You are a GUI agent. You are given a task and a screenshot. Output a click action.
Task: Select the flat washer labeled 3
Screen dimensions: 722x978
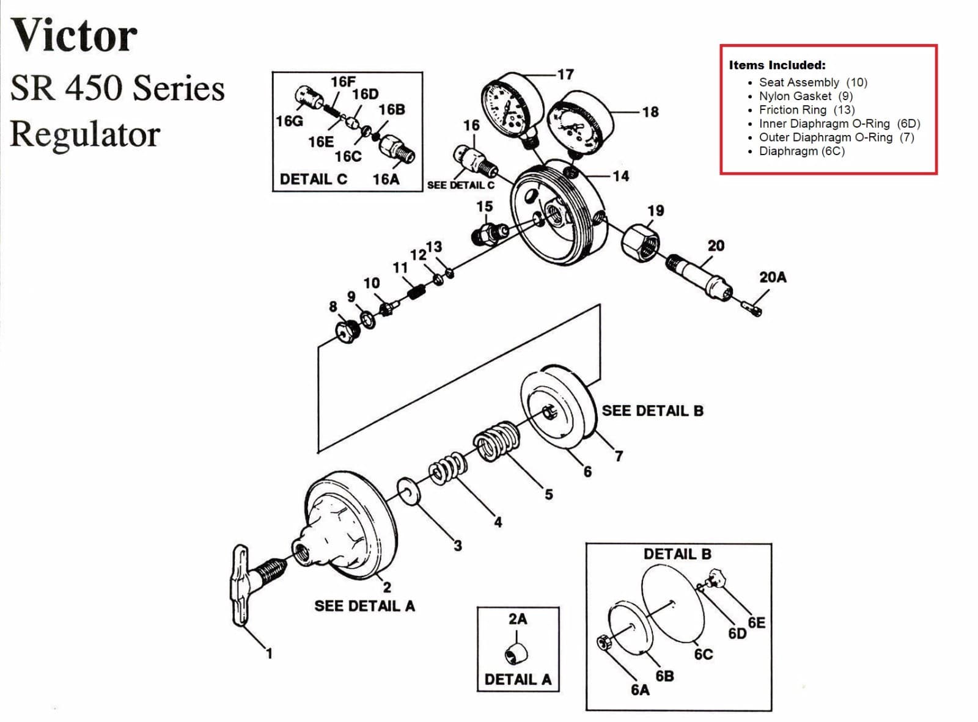[408, 491]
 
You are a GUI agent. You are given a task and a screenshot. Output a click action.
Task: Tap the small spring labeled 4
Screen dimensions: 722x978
[448, 469]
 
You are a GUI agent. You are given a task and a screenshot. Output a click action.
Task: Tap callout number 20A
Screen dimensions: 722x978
[773, 277]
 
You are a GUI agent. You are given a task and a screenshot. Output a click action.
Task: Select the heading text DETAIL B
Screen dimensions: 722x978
[677, 554]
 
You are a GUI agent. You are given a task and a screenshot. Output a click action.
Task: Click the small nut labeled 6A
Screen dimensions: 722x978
[602, 643]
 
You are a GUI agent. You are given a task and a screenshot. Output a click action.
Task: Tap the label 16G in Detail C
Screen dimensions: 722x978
[289, 121]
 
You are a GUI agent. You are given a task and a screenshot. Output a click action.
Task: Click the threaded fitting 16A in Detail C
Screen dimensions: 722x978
[396, 150]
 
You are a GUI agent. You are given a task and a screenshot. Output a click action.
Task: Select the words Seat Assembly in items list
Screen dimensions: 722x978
[799, 82]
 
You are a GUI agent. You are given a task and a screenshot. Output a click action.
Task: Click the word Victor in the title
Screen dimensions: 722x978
[74, 35]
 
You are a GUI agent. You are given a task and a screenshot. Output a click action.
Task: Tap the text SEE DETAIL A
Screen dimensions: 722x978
[364, 606]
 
